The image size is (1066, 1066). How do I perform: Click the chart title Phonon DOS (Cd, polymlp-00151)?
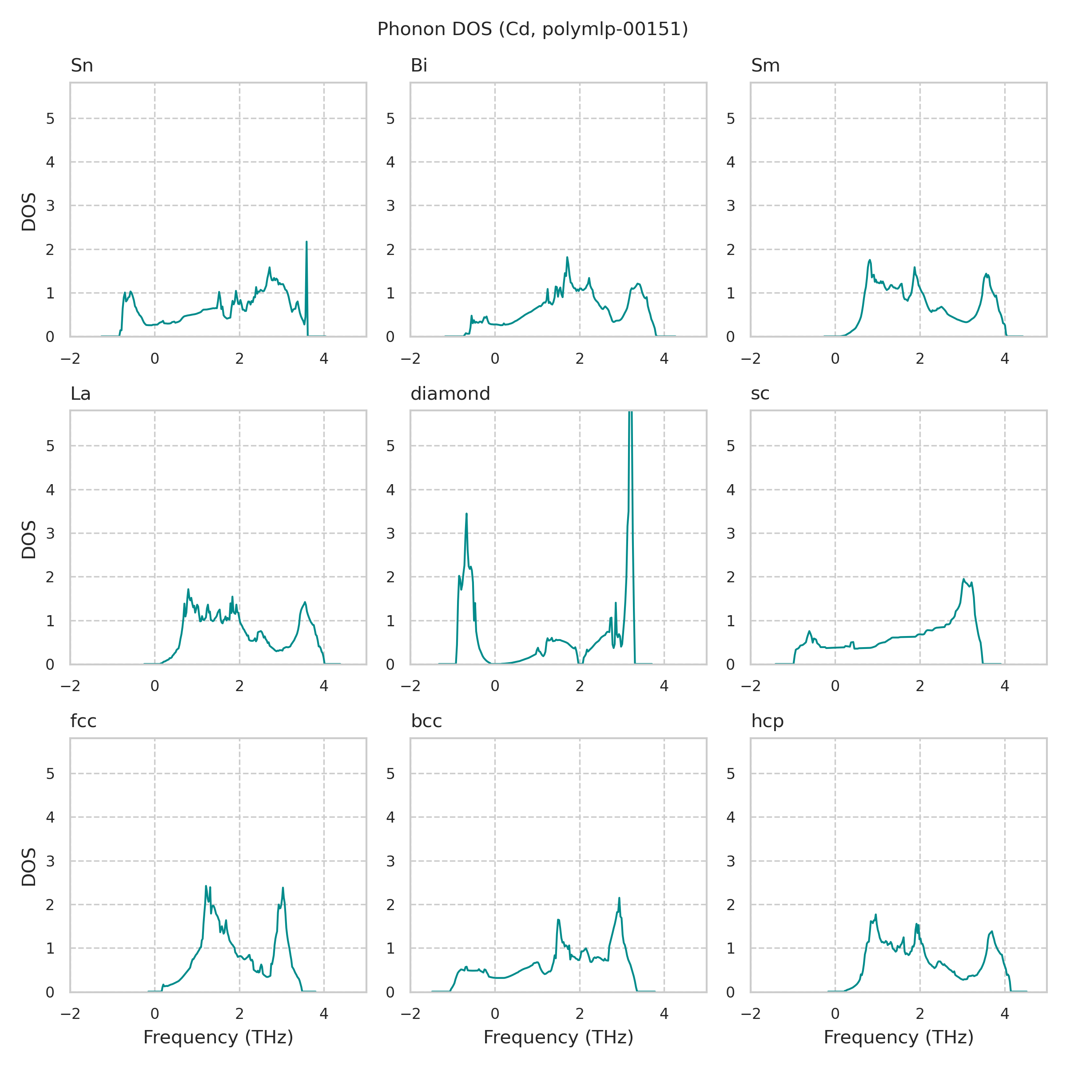(533, 29)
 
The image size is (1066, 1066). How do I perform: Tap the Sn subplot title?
(82, 66)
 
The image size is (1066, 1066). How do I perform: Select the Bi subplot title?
(419, 66)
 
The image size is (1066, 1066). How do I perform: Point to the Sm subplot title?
(765, 66)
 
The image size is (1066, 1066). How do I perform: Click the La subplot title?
(80, 394)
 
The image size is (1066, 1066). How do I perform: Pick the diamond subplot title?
(450, 394)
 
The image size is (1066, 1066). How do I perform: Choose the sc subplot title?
(760, 394)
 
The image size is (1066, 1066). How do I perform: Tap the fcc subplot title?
(84, 721)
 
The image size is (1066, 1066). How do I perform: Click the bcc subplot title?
(426, 721)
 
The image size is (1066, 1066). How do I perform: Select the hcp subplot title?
(768, 721)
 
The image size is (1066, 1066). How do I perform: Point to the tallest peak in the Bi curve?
(567, 258)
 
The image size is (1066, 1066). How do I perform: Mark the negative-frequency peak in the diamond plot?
(466, 514)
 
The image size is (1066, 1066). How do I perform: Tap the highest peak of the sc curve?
(963, 579)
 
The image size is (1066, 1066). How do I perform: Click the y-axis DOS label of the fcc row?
(29, 867)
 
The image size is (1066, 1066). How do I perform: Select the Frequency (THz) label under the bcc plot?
(558, 1037)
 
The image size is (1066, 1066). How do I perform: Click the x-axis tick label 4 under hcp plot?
(1004, 1014)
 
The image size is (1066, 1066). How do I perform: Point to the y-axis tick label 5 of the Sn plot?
(50, 118)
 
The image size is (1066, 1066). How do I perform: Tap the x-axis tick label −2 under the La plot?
(70, 686)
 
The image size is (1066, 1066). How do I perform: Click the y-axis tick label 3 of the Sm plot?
(731, 206)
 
